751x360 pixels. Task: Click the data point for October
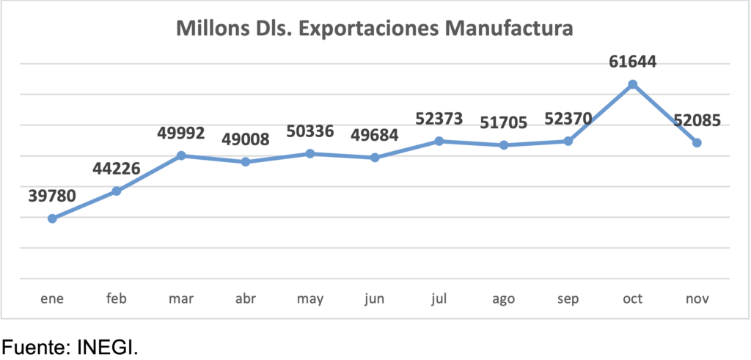click(x=632, y=84)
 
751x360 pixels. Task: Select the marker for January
click(x=52, y=218)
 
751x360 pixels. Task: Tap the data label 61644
click(x=632, y=62)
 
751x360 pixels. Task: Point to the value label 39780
click(x=53, y=196)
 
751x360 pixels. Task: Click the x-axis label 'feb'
click(x=117, y=299)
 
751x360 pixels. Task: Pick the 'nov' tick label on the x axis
click(x=697, y=299)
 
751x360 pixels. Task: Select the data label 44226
click(x=117, y=169)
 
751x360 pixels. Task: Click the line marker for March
click(x=181, y=155)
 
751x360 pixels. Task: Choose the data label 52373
click(x=439, y=118)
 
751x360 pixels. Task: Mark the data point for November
click(x=697, y=142)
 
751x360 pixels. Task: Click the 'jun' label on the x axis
click(x=375, y=299)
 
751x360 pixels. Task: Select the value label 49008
click(x=245, y=139)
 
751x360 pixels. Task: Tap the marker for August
click(x=504, y=145)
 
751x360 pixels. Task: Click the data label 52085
click(x=697, y=120)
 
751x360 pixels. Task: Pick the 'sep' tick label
click(x=568, y=299)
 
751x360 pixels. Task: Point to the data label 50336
click(x=309, y=131)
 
